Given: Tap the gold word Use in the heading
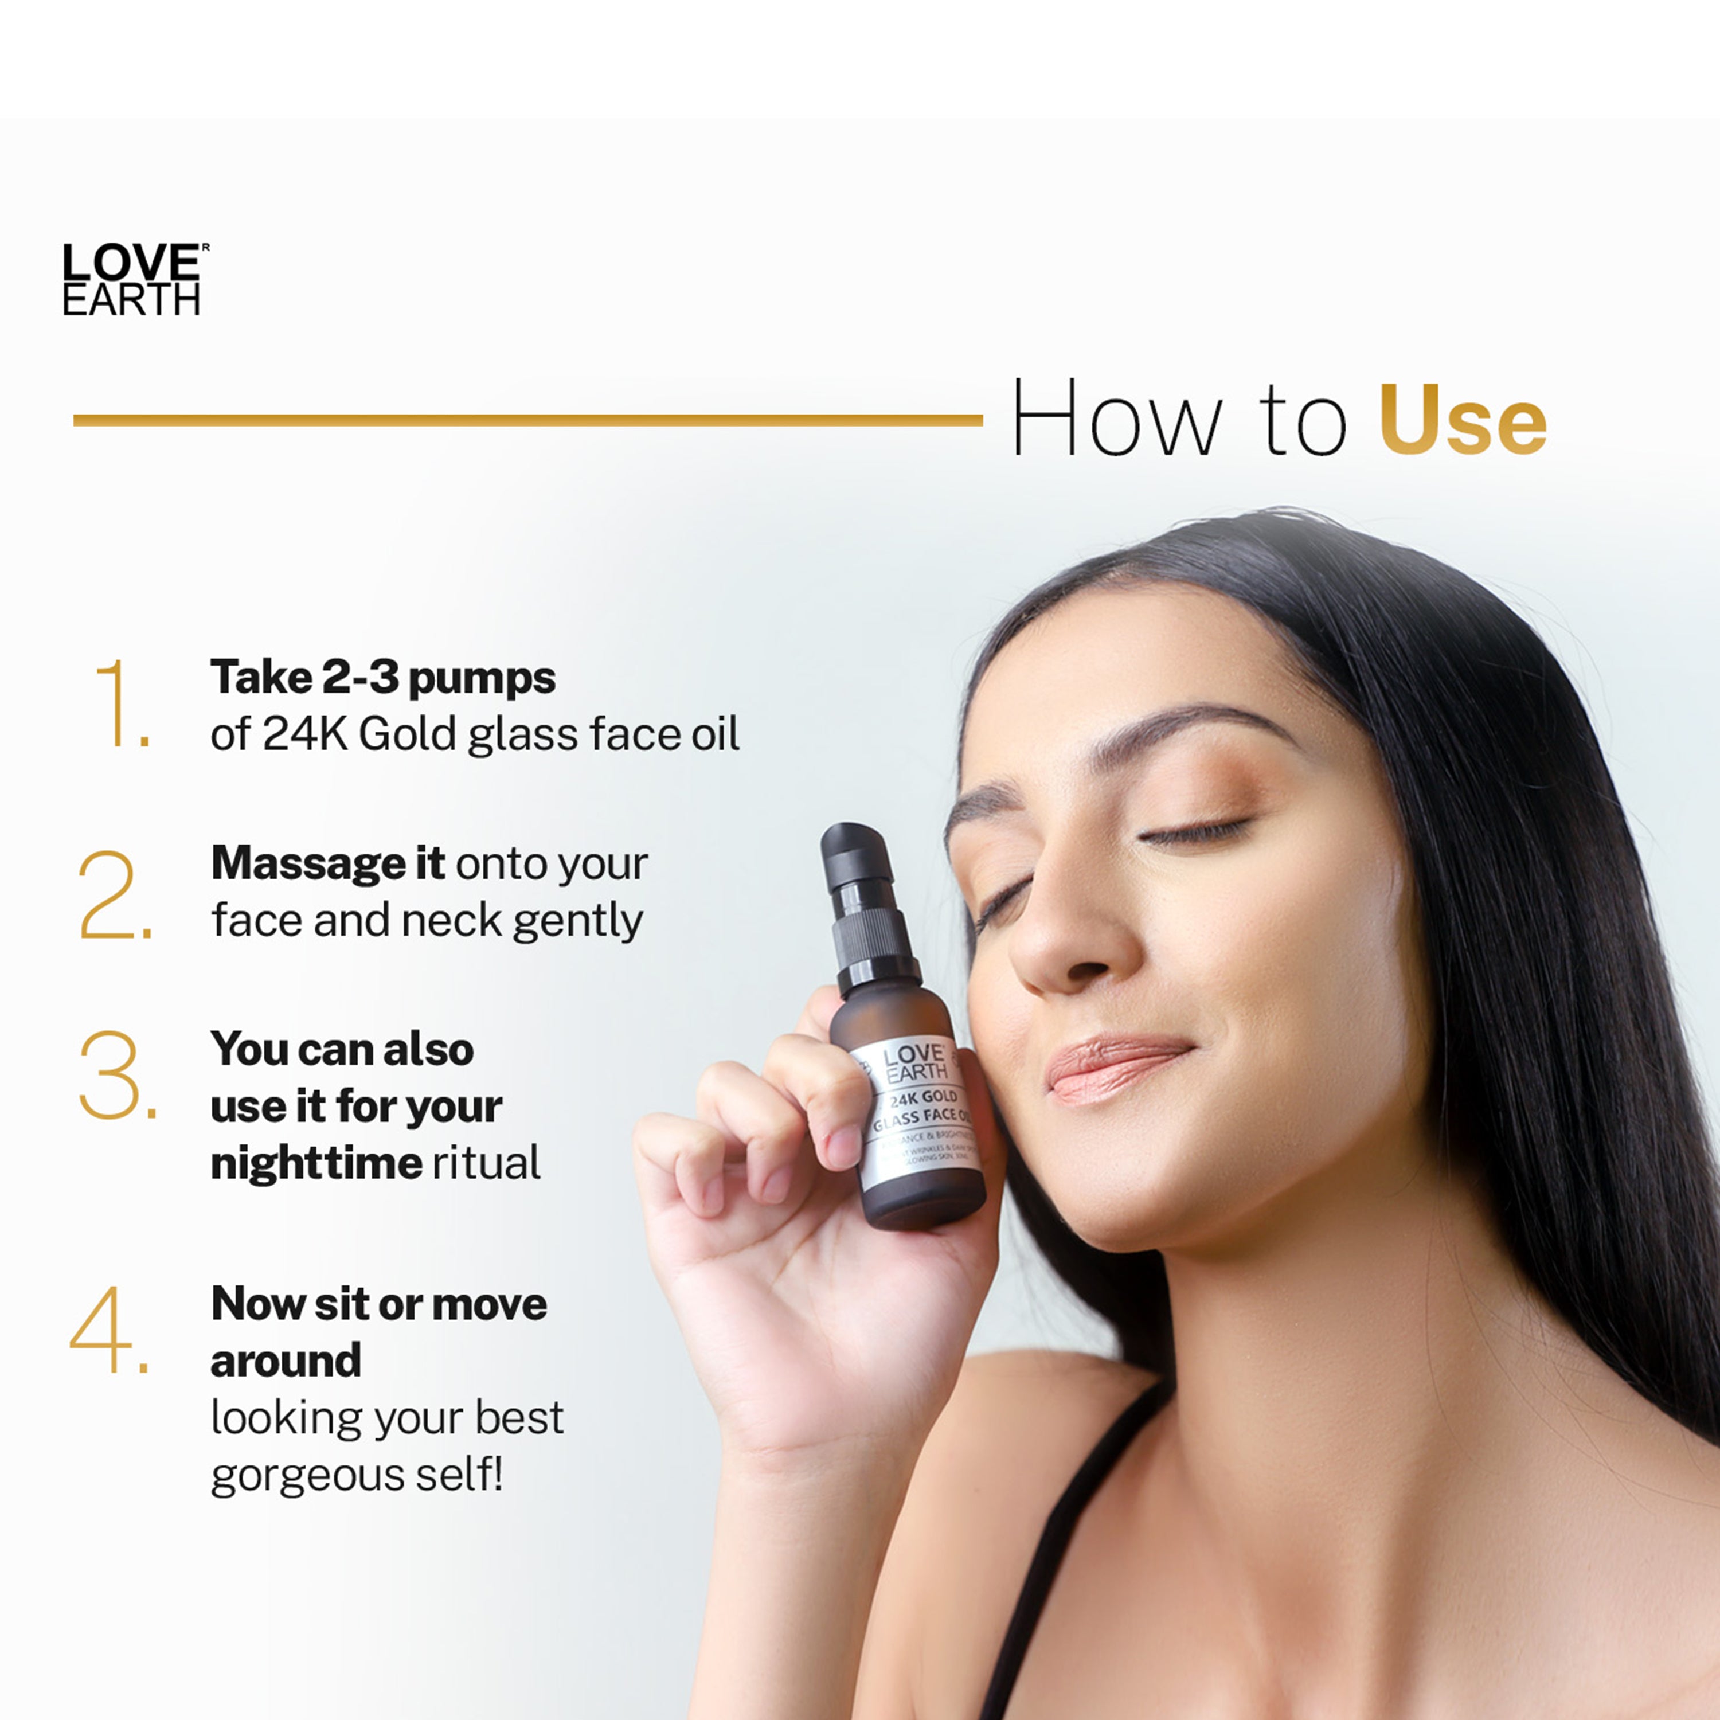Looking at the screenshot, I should coord(1463,420).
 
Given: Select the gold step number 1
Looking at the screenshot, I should coord(120,703).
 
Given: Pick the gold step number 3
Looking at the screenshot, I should coord(116,1076).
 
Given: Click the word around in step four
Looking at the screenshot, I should coord(286,1361).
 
